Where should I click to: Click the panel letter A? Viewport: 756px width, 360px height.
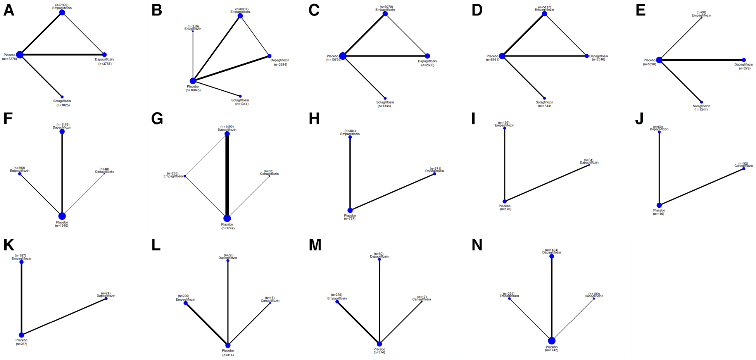pos(9,10)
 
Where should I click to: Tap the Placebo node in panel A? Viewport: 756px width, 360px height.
pos(20,55)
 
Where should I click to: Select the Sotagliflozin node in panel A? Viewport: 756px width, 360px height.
pos(62,97)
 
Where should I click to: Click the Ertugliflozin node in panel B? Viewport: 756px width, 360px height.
pos(193,31)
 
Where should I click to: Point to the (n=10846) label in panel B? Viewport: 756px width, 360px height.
pos(193,90)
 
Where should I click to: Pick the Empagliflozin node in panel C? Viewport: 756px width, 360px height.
pos(385,14)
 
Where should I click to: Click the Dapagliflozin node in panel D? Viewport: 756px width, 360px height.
pos(587,56)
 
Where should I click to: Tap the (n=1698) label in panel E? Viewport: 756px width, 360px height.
pos(649,64)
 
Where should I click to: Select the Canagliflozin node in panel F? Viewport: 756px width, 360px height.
pos(104,174)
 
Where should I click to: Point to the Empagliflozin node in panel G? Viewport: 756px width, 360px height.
pos(185,176)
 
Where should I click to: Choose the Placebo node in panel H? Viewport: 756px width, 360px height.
pos(350,210)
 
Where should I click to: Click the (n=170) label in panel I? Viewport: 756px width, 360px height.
pos(505,209)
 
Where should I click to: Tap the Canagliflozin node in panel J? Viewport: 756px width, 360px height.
pos(744,169)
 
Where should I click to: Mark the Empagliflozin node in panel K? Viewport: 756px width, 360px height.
pos(21,262)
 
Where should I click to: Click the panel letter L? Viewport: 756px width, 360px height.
pos(156,245)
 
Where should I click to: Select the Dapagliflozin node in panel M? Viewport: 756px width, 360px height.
pos(379,259)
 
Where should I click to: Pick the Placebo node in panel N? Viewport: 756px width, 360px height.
pos(552,341)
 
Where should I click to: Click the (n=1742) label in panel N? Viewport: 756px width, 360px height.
pos(551,350)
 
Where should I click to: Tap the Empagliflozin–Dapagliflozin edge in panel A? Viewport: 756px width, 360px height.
pos(83,34)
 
